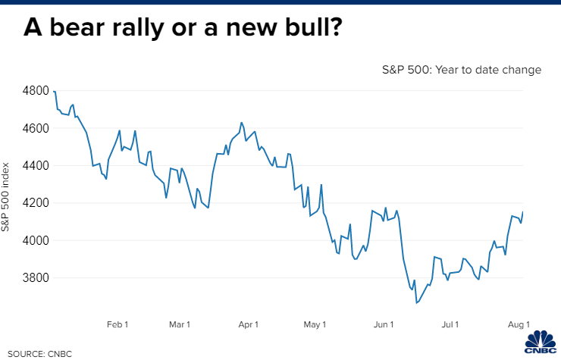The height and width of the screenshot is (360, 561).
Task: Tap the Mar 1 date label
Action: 180,324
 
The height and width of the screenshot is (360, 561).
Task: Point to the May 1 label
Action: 315,324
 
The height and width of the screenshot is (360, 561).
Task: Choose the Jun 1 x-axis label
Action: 384,324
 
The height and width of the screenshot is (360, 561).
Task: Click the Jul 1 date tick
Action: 450,324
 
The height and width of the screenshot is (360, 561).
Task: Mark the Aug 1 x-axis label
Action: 519,324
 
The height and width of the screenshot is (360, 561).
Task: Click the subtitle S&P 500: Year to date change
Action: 461,70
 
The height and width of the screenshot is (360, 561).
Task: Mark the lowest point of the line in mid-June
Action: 416,303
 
